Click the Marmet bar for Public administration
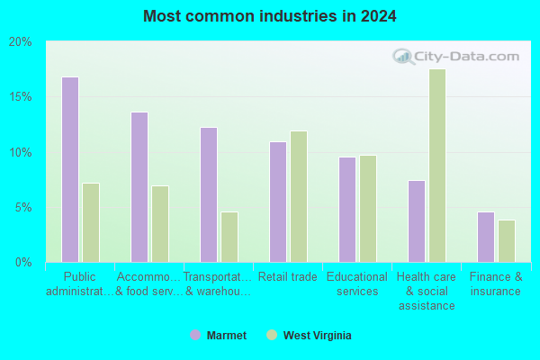tap(70, 169)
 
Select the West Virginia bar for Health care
tap(437, 166)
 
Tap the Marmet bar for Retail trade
tap(278, 202)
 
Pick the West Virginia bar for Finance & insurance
tap(507, 241)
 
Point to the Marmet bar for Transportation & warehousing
tap(209, 195)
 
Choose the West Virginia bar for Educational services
tap(368, 209)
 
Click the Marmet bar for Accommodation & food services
tap(139, 187)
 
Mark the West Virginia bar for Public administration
tap(91, 222)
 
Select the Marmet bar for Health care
tap(417, 221)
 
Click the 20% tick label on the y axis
tap(21, 42)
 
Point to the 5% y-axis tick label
tap(23, 208)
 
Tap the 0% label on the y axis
tap(23, 263)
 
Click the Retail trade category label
tap(288, 276)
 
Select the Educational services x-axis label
tap(357, 283)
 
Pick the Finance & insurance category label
tap(496, 283)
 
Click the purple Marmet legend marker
tap(195, 335)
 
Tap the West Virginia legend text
tap(317, 335)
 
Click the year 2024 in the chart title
tap(379, 16)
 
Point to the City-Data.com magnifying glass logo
tap(402, 57)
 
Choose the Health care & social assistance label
tap(427, 291)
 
